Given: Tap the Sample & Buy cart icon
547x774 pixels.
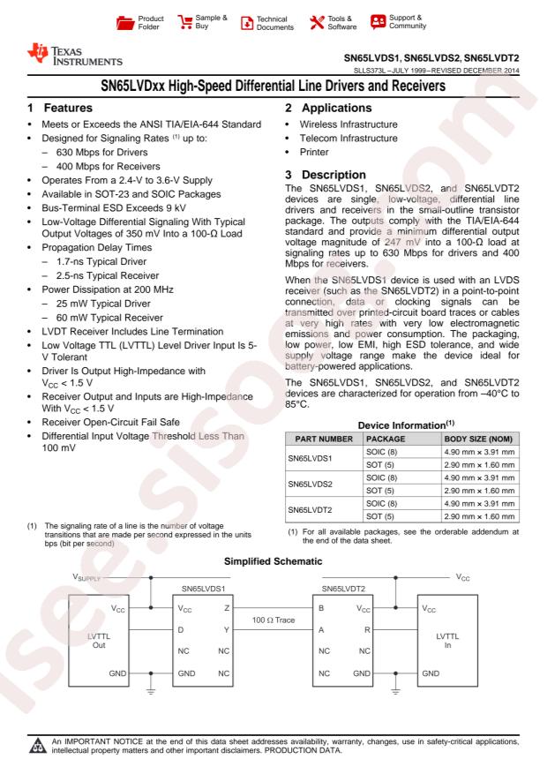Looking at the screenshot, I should click(187, 19).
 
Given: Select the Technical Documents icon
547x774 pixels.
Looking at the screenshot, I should click(248, 19).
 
